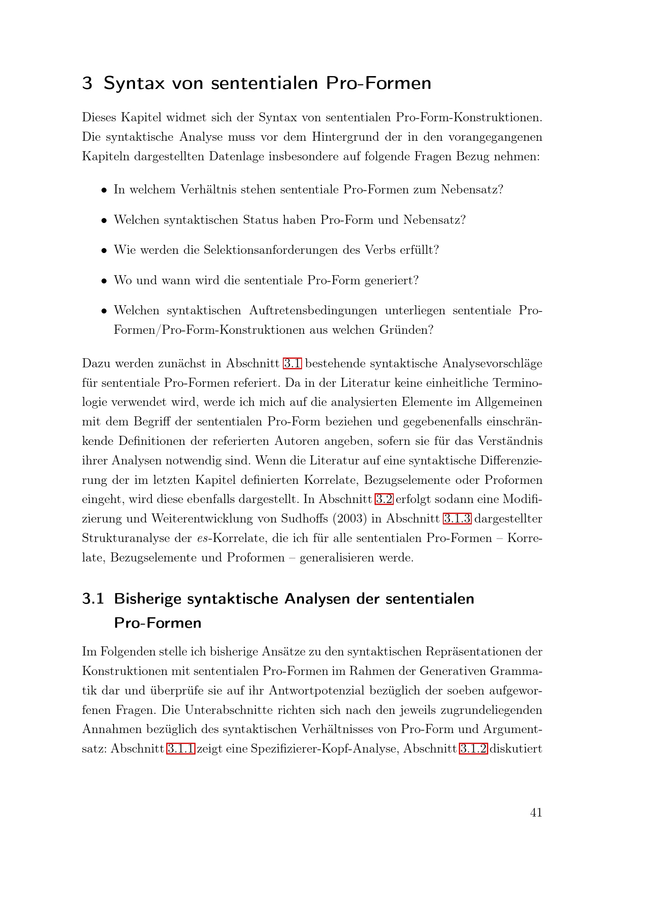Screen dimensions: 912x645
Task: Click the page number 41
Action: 536,812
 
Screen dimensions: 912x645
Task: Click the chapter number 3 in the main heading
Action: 87,83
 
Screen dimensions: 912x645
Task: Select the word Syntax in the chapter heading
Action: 134,83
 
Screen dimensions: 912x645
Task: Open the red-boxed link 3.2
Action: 384,499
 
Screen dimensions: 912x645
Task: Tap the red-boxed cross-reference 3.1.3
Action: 457,518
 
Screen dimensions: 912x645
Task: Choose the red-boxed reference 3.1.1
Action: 181,748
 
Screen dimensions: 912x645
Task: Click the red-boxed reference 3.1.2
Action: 473,748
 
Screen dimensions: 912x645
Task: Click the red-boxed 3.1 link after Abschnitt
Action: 293,363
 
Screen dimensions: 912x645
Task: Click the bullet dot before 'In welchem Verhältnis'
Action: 104,190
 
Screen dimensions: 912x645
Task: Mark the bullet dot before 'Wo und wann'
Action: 104,281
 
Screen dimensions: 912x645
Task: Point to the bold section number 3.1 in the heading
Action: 93,598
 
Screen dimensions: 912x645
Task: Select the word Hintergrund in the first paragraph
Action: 345,136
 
